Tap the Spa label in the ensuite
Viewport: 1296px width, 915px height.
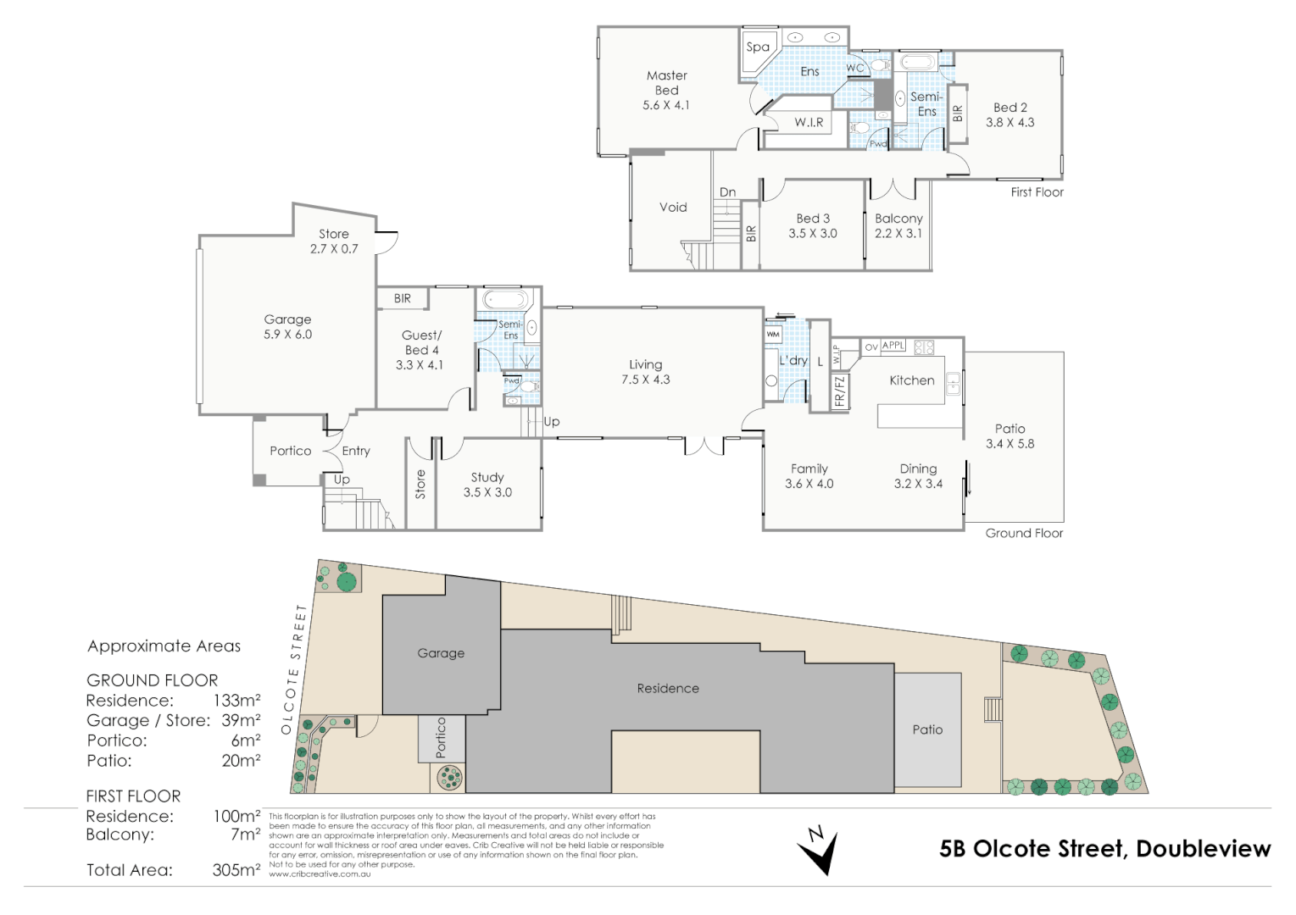click(757, 47)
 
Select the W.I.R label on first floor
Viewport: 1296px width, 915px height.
click(809, 123)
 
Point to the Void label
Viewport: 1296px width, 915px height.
click(673, 207)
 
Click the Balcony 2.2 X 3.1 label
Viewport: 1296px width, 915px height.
click(898, 225)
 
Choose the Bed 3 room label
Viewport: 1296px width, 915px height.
click(812, 225)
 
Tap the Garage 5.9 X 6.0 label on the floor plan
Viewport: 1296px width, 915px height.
click(287, 326)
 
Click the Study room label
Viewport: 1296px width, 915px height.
click(487, 485)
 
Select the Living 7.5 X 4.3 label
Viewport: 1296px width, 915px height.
click(645, 372)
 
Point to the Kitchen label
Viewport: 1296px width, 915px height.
click(911, 380)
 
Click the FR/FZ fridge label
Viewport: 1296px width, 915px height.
click(840, 391)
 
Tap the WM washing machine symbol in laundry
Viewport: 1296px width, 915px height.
click(773, 335)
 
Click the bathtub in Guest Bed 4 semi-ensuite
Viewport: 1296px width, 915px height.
click(505, 300)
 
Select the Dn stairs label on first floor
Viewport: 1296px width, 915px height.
click(727, 192)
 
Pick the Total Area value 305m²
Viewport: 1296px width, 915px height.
click(236, 870)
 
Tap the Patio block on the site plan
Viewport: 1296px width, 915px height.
click(927, 729)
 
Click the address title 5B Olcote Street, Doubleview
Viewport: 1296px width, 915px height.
click(1104, 848)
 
